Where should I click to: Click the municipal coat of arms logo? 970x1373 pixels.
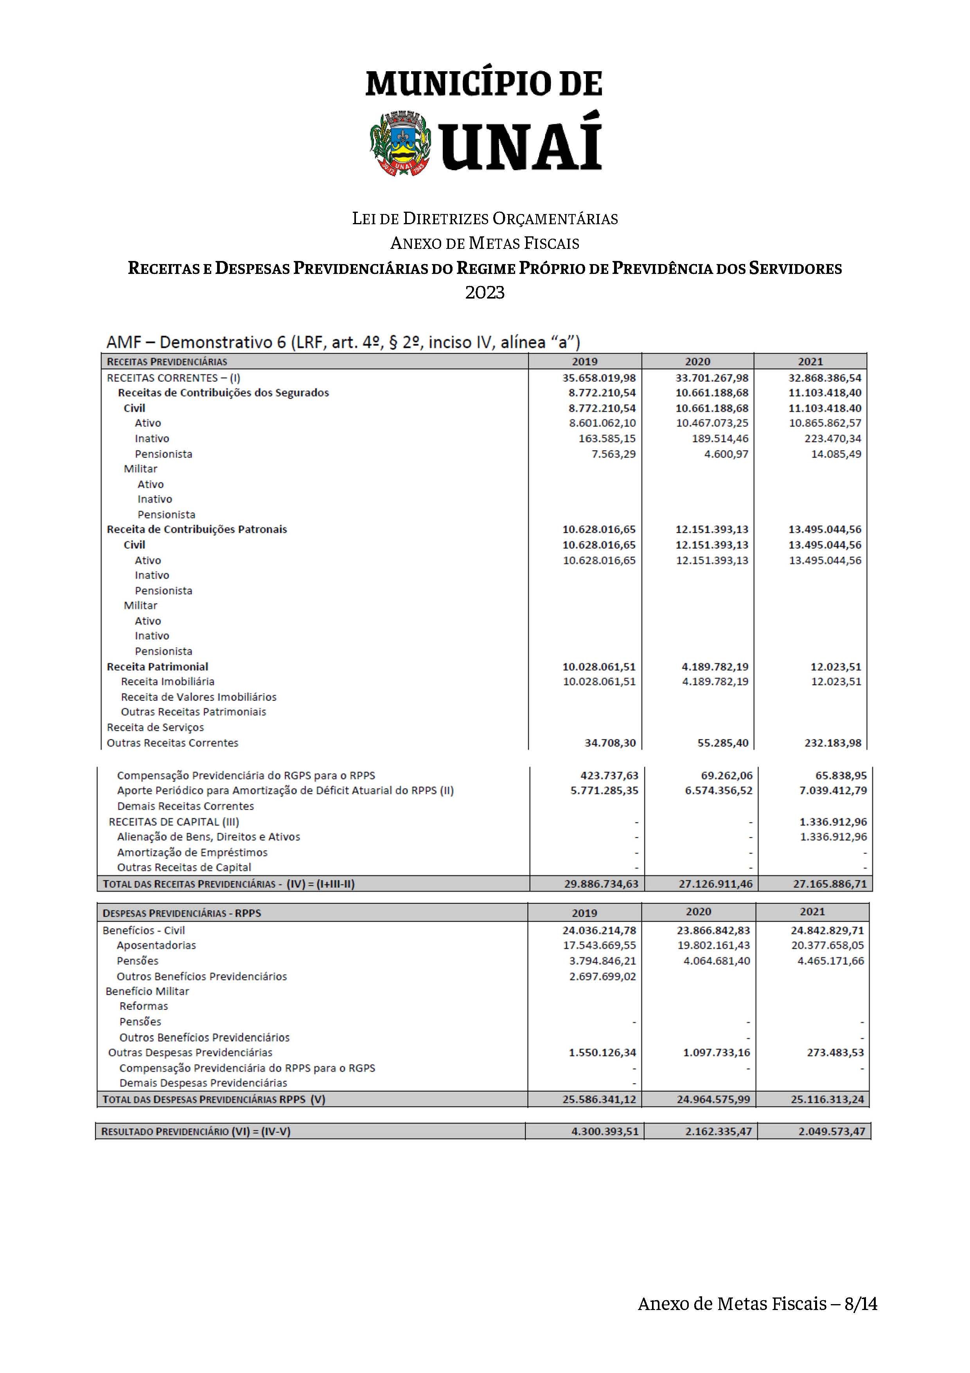click(x=400, y=144)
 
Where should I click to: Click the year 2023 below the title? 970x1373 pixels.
click(x=485, y=292)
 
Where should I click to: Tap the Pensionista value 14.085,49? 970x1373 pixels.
click(x=836, y=454)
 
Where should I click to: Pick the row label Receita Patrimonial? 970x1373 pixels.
click(x=157, y=666)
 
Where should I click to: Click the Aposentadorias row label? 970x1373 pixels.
click(x=156, y=945)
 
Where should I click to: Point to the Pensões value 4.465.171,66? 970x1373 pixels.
click(x=831, y=960)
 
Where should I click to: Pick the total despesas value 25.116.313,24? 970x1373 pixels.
click(x=828, y=1099)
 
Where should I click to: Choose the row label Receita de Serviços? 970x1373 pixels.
click(x=155, y=727)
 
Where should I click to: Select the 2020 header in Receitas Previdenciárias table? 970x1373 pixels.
click(x=697, y=361)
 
